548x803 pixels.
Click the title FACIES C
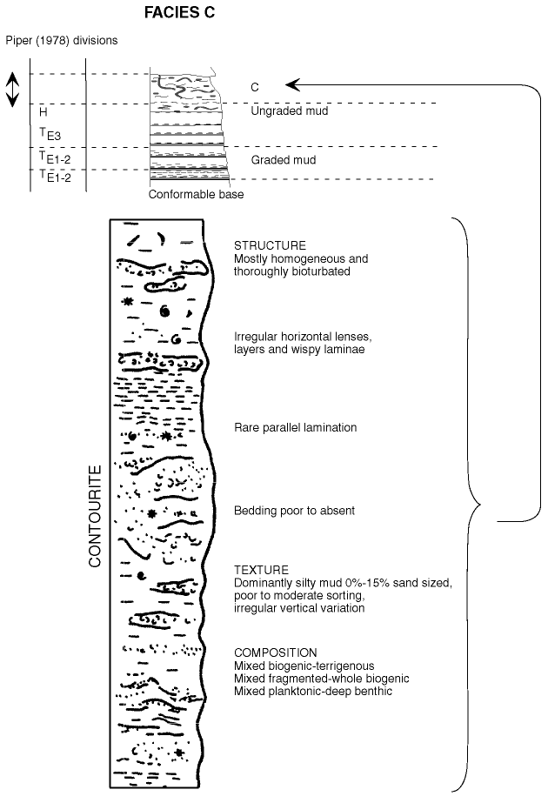tap(180, 14)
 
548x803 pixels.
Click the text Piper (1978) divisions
tap(61, 41)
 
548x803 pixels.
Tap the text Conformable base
tap(196, 195)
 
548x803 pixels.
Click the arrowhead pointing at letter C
tap(291, 85)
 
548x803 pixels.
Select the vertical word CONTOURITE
tap(96, 516)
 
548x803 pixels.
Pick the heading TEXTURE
tap(257, 570)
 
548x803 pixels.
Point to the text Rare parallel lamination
tap(295, 428)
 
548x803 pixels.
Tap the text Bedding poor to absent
tap(294, 511)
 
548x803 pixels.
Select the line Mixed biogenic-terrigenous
tap(303, 666)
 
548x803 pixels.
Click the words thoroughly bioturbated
tap(292, 271)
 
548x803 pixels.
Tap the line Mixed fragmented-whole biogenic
tap(322, 678)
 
